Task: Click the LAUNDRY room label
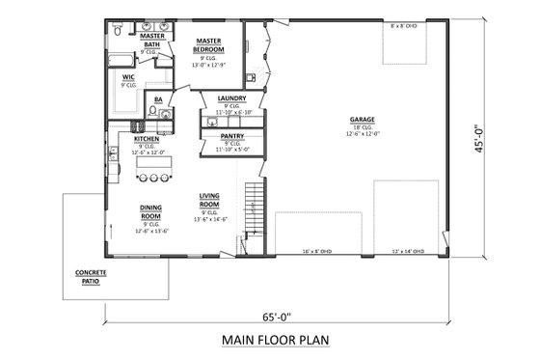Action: (231, 98)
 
